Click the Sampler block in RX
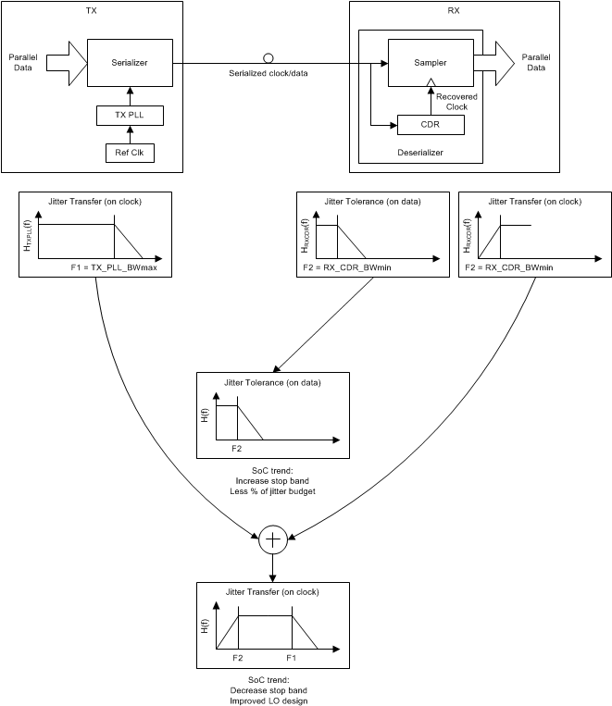430,63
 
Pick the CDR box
430,125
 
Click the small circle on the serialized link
268,57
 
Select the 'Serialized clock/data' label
268,72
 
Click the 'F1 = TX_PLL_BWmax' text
114,266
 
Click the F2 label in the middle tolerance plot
237,448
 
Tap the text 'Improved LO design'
273,700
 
